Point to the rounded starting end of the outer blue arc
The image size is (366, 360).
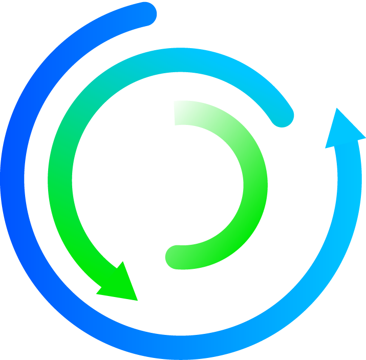(x=145, y=14)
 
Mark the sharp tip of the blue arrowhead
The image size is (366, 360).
(x=337, y=108)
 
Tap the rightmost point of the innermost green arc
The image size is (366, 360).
(x=255, y=184)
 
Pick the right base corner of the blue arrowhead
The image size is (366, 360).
(x=365, y=138)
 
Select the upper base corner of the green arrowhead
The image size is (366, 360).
(x=123, y=262)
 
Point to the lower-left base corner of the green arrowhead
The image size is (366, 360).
(x=96, y=294)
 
